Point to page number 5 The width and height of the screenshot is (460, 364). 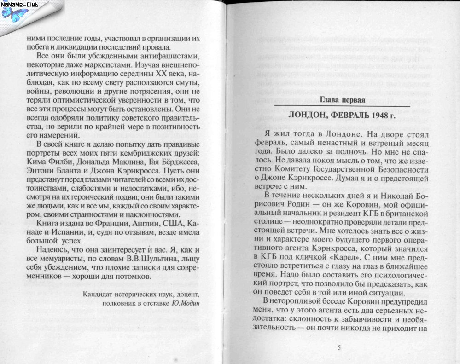point(339,347)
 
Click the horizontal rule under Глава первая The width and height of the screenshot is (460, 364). point(341,107)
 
